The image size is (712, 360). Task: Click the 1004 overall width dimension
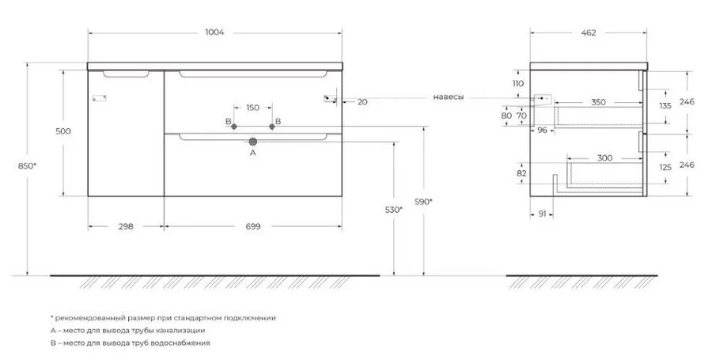214,32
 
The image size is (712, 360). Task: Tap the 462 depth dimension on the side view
588,32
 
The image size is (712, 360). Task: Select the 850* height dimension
27,166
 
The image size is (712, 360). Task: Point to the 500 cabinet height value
63,131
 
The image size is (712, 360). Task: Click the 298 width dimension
126,226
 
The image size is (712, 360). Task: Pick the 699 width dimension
253,226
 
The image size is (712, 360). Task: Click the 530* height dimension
393,210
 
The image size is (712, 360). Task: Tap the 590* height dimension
423,202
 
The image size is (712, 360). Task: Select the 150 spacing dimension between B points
253,108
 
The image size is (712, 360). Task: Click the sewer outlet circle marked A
253,142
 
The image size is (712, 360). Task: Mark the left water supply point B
233,127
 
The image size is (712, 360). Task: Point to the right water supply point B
272,127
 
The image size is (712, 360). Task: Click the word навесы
449,97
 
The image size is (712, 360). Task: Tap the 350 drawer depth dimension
599,102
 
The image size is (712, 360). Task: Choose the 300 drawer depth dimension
604,158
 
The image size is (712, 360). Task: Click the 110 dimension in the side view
517,84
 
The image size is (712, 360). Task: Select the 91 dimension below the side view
542,214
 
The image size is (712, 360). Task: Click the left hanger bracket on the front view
99,97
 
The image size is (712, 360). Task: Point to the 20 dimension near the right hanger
362,102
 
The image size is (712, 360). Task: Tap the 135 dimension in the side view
665,106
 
